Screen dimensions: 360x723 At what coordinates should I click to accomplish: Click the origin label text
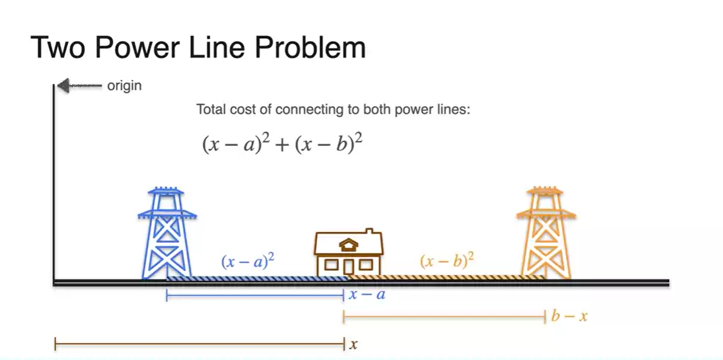pos(124,86)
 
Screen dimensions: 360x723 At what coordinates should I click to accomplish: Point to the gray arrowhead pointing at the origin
pos(63,86)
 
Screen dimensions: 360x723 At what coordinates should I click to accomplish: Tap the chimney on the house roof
pos(370,233)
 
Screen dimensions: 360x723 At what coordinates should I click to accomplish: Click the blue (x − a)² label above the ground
pos(247,261)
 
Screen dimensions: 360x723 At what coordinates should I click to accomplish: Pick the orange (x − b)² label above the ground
pos(447,261)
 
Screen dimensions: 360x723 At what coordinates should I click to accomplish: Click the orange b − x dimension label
pos(569,316)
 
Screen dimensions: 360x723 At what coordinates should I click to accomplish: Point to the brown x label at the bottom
pos(354,344)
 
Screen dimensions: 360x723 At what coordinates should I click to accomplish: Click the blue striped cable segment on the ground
pos(256,279)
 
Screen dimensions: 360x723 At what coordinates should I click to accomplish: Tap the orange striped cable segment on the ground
pos(444,278)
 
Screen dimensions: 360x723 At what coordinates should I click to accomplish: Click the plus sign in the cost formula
pos(283,145)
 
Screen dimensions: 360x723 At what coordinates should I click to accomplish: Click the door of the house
pos(348,266)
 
